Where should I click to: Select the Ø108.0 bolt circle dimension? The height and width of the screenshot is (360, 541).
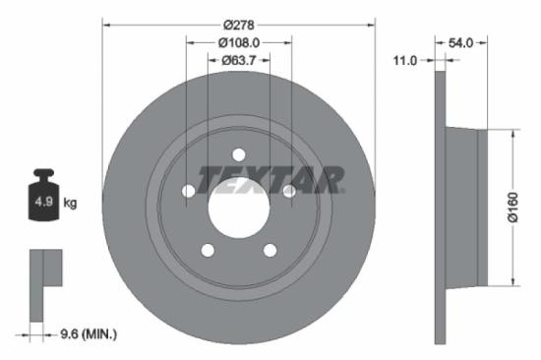point(239,42)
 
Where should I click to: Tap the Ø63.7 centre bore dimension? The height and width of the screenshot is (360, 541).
point(239,61)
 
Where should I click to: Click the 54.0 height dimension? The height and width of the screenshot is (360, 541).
point(461,42)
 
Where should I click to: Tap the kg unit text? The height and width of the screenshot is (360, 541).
point(70,203)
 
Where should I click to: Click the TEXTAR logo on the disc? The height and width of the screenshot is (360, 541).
point(270,179)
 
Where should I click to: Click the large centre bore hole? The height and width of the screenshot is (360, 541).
point(239,208)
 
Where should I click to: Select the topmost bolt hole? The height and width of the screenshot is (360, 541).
point(239,154)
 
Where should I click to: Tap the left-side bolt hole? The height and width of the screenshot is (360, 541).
point(189,191)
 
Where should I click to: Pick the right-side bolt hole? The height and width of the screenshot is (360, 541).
point(289,191)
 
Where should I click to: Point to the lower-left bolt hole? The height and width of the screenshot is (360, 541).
point(208,250)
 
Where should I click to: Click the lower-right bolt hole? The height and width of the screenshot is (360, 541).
point(270,250)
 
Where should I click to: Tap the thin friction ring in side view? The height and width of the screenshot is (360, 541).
point(440,207)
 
